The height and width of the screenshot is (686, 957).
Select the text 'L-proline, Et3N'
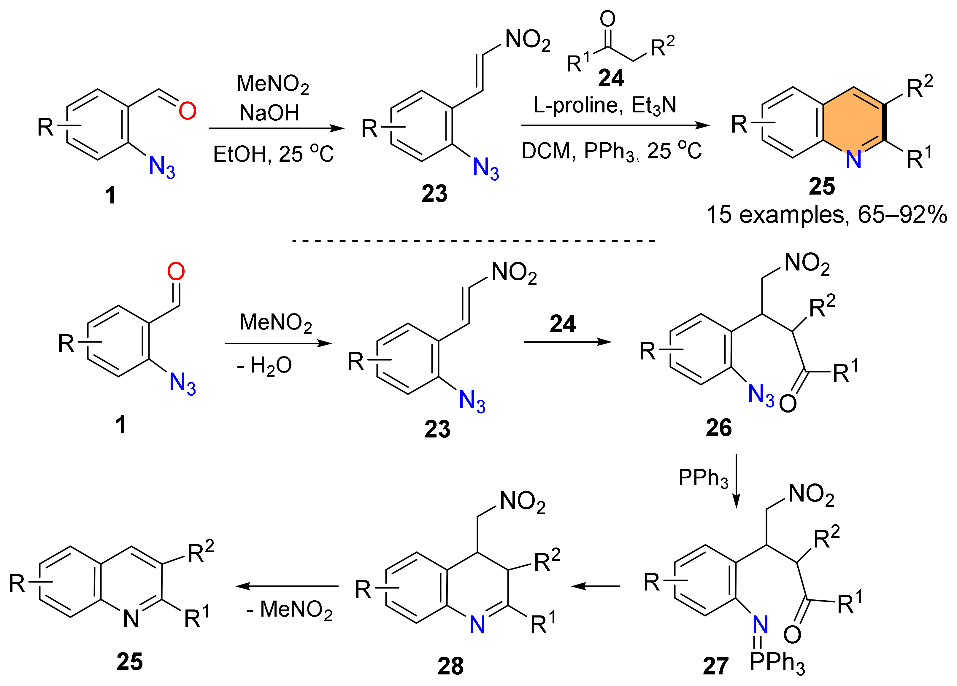[604, 105]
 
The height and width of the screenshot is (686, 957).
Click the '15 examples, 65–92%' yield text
[826, 215]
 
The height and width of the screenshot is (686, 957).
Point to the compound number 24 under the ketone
[611, 78]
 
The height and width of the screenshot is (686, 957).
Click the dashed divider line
[473, 241]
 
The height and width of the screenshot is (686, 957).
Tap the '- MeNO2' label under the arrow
[290, 610]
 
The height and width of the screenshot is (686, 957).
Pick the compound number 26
[719, 428]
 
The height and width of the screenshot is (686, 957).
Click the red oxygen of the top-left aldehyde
[187, 111]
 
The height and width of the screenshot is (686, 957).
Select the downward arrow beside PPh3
[736, 481]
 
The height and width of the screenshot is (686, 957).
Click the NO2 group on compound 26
[807, 264]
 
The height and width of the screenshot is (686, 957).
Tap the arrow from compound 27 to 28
[595, 586]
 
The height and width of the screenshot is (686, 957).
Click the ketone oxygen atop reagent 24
[608, 19]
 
